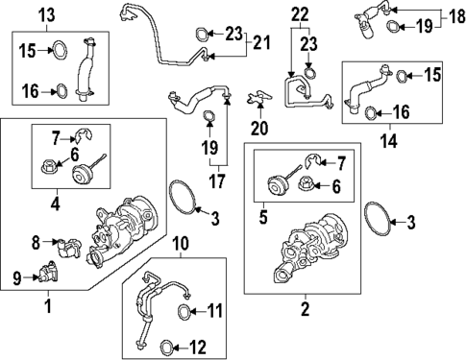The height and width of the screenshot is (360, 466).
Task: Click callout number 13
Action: tap(47, 15)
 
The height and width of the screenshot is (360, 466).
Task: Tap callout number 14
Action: tap(389, 141)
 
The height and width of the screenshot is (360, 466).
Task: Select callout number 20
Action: tap(259, 129)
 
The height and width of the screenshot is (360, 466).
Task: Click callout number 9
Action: tap(17, 278)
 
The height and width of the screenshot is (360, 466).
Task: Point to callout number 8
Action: tap(36, 243)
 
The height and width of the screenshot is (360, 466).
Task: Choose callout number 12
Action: tap(197, 348)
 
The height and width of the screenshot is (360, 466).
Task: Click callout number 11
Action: tap(214, 311)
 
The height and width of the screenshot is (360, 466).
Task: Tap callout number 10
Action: tap(181, 244)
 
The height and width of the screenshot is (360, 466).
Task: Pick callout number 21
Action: tap(261, 43)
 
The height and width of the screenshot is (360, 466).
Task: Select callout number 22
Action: tap(300, 14)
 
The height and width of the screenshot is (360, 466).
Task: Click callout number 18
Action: tap(457, 15)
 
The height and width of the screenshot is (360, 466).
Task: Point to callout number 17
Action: tap(217, 181)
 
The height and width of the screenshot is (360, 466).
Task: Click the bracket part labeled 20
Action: tap(259, 97)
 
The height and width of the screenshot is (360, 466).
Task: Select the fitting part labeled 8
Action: tap(68, 247)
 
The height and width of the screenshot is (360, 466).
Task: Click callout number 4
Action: tap(56, 204)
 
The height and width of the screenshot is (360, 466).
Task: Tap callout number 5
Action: tap(263, 218)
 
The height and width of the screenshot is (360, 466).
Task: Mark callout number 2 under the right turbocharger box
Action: tap(306, 309)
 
